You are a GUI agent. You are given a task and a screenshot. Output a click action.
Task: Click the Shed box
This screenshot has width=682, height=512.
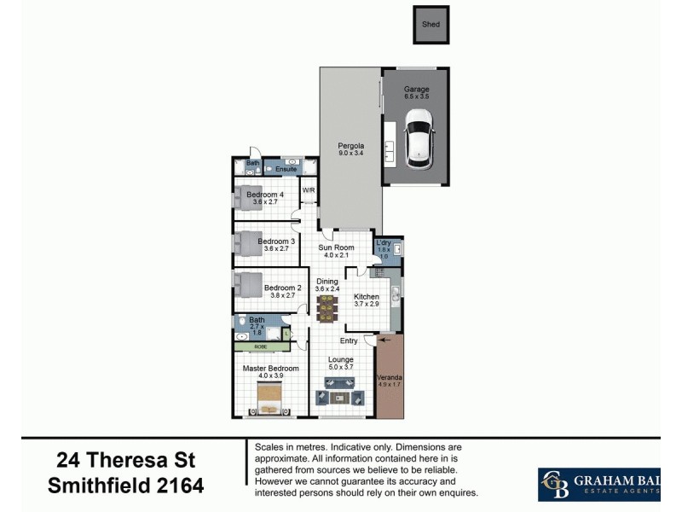[x=431, y=25]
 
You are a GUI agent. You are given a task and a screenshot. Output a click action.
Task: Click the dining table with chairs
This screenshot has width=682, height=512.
[x=327, y=307]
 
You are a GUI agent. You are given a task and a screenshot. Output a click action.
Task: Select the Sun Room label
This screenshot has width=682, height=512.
[x=336, y=247]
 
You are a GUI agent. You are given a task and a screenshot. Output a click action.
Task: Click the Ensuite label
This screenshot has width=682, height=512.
[x=286, y=169]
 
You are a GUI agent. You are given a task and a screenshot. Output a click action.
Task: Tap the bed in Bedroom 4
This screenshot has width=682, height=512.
[x=248, y=197]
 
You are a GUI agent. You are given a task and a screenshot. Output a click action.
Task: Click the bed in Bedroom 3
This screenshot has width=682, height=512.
[x=248, y=244]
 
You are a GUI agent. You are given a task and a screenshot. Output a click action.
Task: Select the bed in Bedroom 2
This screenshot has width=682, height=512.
[x=248, y=284]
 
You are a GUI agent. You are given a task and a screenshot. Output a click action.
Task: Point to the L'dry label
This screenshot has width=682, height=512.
[x=384, y=242]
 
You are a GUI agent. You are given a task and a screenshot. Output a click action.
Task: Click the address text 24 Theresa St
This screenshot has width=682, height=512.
[x=125, y=461]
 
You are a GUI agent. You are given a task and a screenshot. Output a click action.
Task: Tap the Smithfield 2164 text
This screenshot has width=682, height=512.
[x=125, y=487]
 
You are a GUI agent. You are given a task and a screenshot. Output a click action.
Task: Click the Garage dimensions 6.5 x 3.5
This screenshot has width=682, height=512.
[x=417, y=97]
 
